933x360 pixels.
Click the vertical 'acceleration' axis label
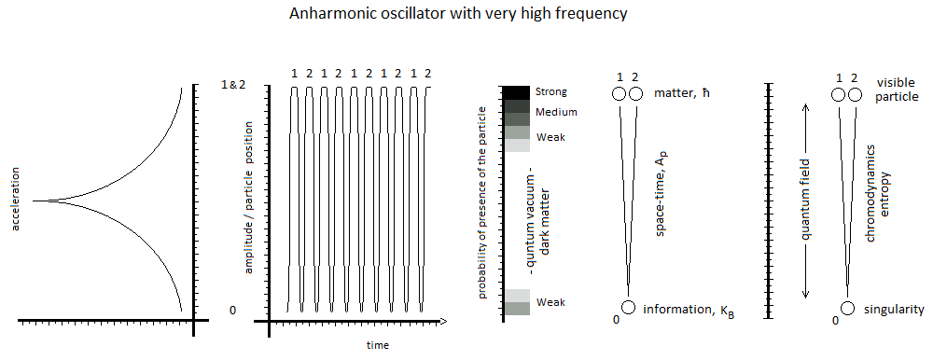click(x=16, y=199)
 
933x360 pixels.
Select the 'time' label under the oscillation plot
click(x=378, y=345)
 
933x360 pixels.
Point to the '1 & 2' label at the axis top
click(x=232, y=85)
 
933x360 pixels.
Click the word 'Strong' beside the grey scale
click(x=551, y=91)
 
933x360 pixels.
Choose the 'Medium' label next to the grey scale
click(x=555, y=112)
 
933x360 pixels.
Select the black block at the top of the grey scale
click(x=516, y=91)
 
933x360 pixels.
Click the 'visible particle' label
click(x=895, y=89)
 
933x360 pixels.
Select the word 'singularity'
click(x=895, y=309)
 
